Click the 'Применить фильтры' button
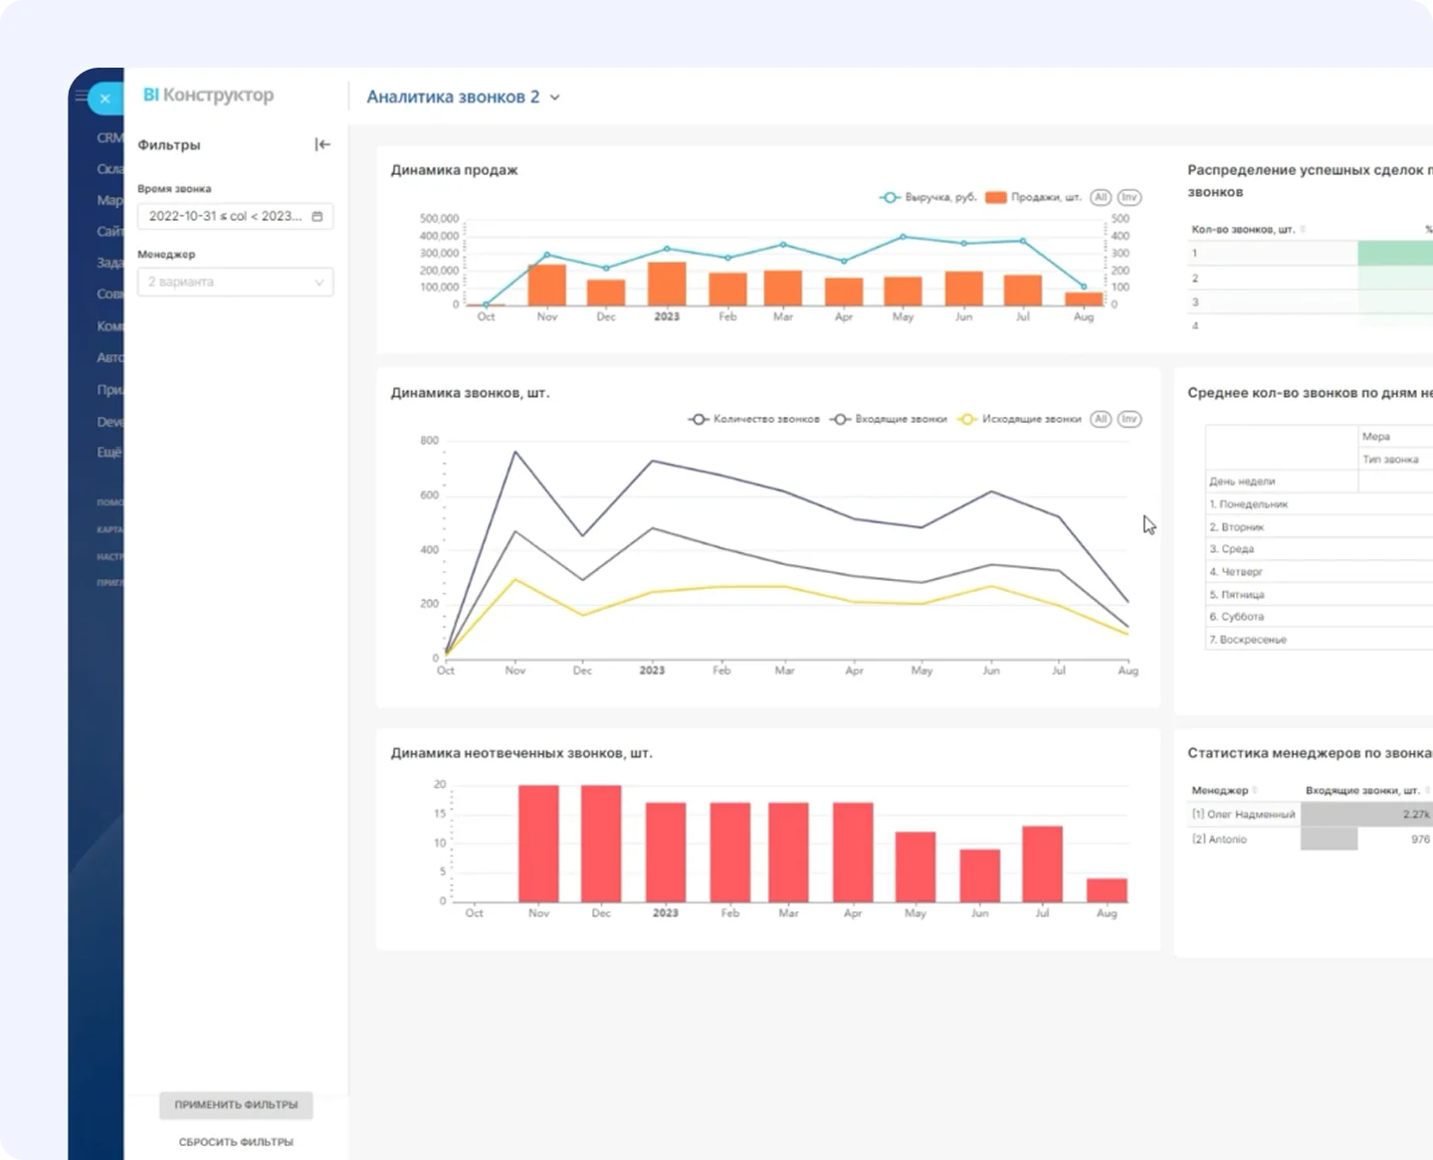click(236, 1104)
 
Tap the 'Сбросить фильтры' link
click(236, 1142)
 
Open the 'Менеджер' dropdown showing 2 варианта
click(236, 282)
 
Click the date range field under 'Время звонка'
click(236, 216)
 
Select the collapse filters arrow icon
click(322, 144)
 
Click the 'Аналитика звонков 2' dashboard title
click(453, 97)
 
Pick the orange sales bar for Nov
click(546, 285)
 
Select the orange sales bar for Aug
click(1084, 298)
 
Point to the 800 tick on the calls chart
click(429, 441)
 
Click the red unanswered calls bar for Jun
click(979, 875)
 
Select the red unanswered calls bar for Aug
click(1107, 889)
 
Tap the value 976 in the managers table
click(1419, 839)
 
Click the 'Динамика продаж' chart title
click(454, 170)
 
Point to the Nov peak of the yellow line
click(514, 579)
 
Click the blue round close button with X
click(104, 98)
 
